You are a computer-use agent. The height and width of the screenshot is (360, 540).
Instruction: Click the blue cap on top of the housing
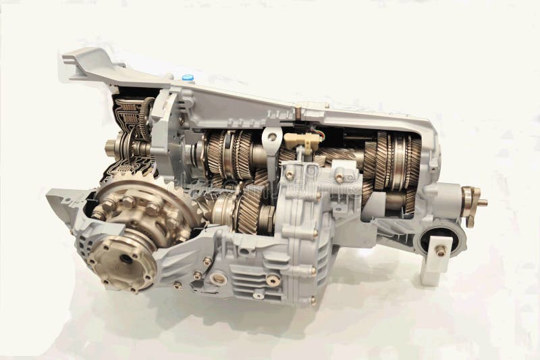tap(188, 78)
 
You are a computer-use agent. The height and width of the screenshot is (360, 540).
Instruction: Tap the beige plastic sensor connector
tap(301, 140)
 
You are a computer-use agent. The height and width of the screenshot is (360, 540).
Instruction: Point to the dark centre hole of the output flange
tap(126, 259)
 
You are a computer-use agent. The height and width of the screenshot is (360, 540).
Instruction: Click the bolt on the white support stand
tap(441, 250)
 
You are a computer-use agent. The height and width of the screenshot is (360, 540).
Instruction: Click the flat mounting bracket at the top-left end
tap(88, 61)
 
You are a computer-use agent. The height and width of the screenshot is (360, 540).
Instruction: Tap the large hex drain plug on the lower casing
tap(218, 278)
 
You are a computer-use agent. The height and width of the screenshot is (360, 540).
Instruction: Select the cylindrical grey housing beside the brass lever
tap(445, 200)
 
